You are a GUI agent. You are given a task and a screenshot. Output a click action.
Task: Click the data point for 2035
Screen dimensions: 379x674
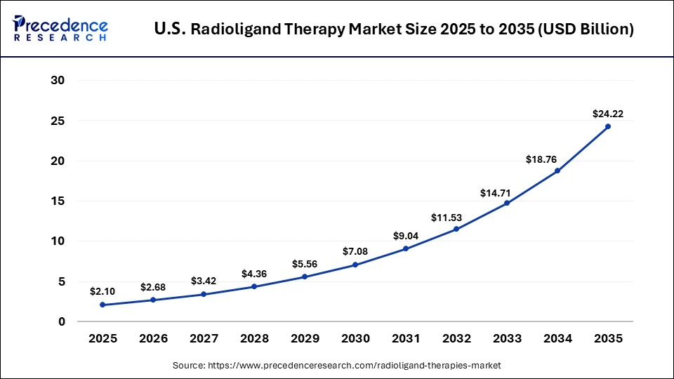pos(607,126)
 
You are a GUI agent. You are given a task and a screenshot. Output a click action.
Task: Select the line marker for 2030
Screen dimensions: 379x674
pos(355,265)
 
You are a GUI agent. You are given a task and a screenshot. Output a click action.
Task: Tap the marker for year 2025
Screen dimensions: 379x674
pos(103,305)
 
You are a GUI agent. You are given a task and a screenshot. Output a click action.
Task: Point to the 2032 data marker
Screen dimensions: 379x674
pos(456,229)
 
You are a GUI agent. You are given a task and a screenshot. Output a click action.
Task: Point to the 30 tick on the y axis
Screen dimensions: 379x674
pos(58,81)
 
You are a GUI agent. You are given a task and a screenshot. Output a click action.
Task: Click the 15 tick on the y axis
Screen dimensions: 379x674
pos(58,201)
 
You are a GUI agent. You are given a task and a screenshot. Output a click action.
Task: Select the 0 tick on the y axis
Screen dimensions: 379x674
pos(61,321)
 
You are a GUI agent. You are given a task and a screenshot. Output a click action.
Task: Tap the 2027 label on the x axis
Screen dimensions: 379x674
pos(204,339)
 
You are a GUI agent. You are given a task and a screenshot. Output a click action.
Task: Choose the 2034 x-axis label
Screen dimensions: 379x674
pos(557,339)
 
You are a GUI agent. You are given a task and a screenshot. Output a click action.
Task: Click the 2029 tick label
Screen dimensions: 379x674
pos(305,339)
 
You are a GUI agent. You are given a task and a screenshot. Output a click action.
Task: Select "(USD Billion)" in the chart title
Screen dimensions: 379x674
pos(587,29)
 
